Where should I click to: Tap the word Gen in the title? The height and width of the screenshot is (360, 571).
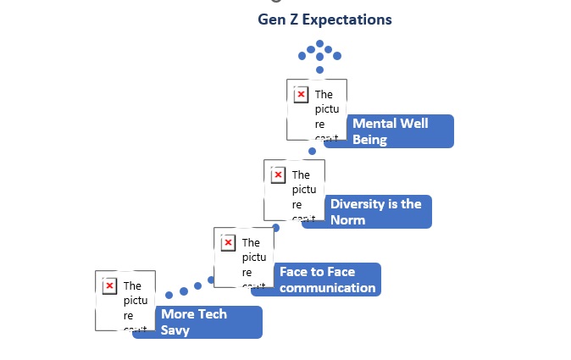pos(273,19)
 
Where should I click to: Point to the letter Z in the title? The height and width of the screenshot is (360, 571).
pos(297,19)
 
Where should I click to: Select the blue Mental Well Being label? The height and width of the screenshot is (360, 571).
pos(390,131)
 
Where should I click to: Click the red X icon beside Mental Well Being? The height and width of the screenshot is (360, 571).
pos(301,94)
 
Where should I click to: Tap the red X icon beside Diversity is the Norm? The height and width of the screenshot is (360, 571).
pos(278,174)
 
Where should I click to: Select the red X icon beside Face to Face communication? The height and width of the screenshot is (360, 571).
pos(228,243)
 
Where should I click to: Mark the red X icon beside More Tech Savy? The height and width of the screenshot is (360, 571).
pos(109,285)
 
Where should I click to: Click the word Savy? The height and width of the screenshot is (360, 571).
pos(175,330)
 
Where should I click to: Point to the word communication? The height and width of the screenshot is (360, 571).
pos(327,288)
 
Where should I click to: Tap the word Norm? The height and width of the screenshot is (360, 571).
pos(348,220)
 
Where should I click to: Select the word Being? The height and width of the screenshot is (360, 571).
pos(369,140)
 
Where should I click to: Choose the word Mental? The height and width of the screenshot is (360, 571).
pos(376,124)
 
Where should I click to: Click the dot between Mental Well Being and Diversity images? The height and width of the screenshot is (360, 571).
pos(312,151)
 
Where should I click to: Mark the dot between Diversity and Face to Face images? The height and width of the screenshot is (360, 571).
pos(276,228)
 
